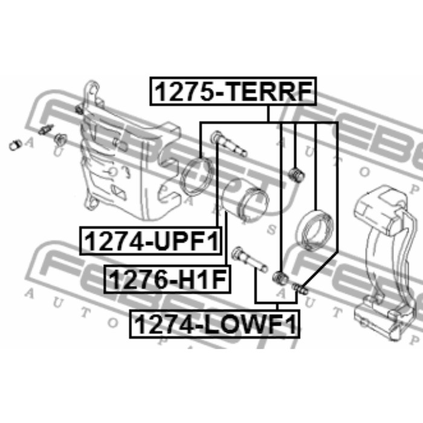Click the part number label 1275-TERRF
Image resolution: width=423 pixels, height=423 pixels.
click(x=233, y=91)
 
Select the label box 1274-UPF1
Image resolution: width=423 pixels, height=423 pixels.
click(x=150, y=241)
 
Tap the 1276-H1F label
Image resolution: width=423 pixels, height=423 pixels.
click(x=167, y=279)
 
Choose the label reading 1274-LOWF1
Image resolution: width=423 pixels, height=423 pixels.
click(x=215, y=324)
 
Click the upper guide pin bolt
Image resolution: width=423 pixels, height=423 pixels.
click(x=228, y=143)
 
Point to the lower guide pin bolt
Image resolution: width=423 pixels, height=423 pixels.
click(x=250, y=259)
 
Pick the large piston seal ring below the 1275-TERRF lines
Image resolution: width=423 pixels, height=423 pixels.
click(x=315, y=230)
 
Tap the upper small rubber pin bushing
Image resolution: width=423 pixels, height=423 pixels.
click(x=296, y=175)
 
